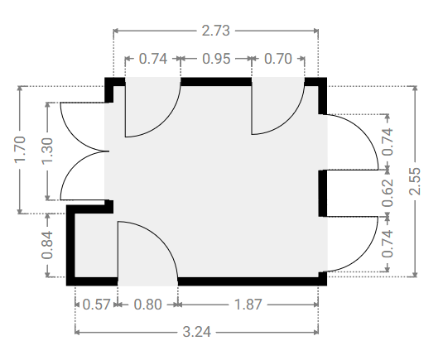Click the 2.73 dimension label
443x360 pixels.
pos(216,31)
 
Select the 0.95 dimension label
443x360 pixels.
pos(216,59)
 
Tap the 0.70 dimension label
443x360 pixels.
pos(278,59)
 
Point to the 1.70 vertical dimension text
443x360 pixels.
pos(20,149)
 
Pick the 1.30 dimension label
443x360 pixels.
pos(47,151)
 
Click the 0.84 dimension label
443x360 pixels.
pos(47,245)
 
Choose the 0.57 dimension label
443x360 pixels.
pos(96,305)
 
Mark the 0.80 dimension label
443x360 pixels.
pos(147,305)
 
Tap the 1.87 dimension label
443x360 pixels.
pos(248,305)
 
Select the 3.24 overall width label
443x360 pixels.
pos(196,332)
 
